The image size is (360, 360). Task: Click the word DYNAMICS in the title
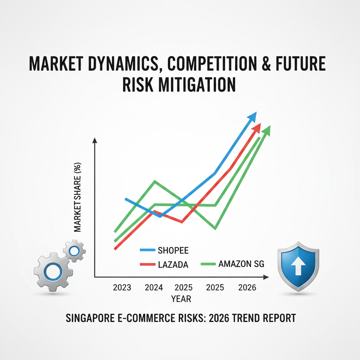[x=123, y=64]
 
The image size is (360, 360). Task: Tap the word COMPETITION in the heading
[x=212, y=63]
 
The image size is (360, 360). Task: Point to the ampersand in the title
[x=266, y=63]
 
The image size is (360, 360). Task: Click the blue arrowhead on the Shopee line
[x=252, y=117]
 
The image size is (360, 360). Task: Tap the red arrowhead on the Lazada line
[x=256, y=128]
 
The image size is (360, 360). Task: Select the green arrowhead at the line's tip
[x=266, y=131]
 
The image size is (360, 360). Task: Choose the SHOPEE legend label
[x=173, y=250]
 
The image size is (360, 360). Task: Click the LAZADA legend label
[x=173, y=265]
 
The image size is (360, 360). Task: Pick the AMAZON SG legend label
[x=241, y=264]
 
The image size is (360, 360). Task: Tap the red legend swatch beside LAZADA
[x=148, y=264]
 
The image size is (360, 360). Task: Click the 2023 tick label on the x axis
[x=122, y=288]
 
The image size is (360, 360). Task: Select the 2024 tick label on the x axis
[x=154, y=288]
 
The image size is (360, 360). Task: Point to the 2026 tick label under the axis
[x=247, y=288]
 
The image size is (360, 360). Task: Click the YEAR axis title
[x=181, y=299]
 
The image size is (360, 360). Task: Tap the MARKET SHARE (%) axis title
[x=77, y=197]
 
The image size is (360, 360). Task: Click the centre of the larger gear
[x=53, y=272]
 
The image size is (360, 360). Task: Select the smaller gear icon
[x=75, y=251]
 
